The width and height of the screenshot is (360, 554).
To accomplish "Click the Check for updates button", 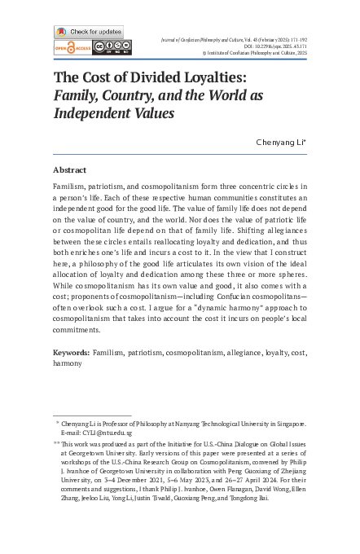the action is (89, 32).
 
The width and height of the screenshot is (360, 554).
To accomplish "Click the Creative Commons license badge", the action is (108, 47).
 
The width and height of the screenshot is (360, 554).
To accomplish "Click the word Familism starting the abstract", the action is (72, 187).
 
